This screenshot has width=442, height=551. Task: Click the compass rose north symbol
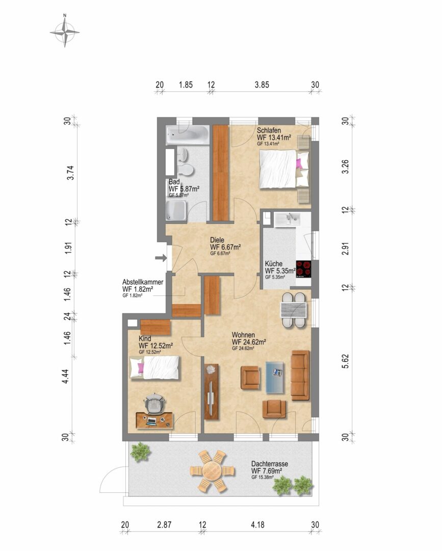pyautogui.click(x=65, y=32)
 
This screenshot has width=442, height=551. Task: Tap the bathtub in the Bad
pyautogui.click(x=188, y=134)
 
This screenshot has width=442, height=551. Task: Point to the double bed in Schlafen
pyautogui.click(x=283, y=168)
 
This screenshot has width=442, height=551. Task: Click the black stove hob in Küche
pyautogui.click(x=304, y=269)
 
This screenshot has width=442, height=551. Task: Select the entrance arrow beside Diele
pyautogui.click(x=161, y=258)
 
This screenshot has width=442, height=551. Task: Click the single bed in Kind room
pyautogui.click(x=154, y=367)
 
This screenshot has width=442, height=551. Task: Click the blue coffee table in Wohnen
pyautogui.click(x=275, y=377)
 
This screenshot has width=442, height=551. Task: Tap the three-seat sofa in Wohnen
pyautogui.click(x=300, y=375)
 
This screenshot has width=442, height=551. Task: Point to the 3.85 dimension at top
pyautogui.click(x=262, y=85)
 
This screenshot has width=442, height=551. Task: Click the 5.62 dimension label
pyautogui.click(x=346, y=361)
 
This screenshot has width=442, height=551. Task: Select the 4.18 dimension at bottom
pyautogui.click(x=257, y=524)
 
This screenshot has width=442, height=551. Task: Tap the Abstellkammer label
pyautogui.click(x=143, y=282)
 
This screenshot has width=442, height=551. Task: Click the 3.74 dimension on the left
pyautogui.click(x=70, y=172)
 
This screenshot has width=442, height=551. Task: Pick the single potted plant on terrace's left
pyautogui.click(x=140, y=452)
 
